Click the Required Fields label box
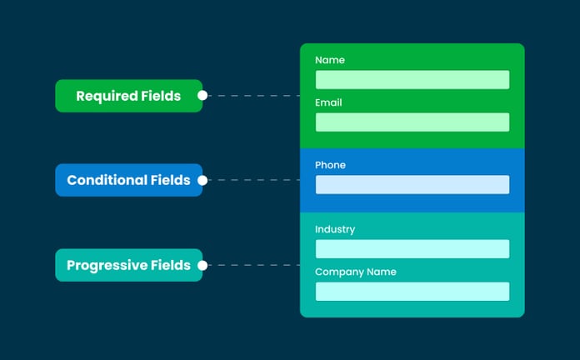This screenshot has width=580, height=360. pos(128,96)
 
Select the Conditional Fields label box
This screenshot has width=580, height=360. pos(128,180)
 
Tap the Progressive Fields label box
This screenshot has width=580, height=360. pos(128,265)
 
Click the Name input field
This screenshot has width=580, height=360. pos(412,80)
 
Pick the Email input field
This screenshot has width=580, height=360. pos(412,122)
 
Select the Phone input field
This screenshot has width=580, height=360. pos(412,184)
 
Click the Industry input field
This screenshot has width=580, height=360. pos(412,248)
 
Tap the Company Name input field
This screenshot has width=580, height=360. pos(412,291)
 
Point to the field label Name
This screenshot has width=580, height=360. pos(330,60)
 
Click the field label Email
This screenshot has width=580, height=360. pos(328,102)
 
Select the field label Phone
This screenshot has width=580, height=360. pos(330,165)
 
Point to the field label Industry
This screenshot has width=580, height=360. pos(335,229)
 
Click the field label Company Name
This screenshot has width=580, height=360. pos(356,272)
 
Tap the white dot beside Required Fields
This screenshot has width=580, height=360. pos(202,96)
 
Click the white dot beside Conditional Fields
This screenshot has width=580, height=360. pos(202,180)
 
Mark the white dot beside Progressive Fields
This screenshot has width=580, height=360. pos(202,265)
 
